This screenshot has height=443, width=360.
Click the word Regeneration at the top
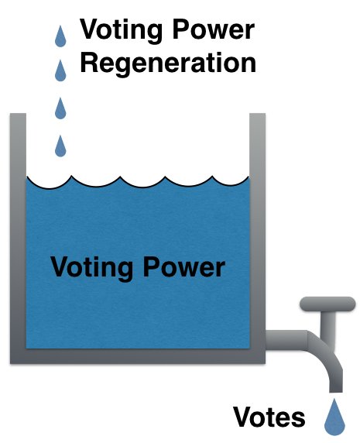[x=168, y=64]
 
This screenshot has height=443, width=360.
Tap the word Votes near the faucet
[x=269, y=417]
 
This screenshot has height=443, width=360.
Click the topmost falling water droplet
[x=60, y=36]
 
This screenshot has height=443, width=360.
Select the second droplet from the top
[x=60, y=70]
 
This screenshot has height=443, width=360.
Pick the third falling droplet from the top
[x=60, y=108]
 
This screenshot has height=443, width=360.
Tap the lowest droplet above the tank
[x=60, y=146]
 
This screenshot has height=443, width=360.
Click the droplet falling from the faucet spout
[x=334, y=417]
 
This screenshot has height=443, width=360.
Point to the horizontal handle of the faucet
[x=327, y=304]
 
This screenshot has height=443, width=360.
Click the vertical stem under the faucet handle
[x=327, y=326]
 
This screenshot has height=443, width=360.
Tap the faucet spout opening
[x=336, y=391]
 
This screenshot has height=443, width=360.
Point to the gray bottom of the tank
[x=138, y=356]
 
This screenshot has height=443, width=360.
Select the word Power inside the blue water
[x=184, y=266]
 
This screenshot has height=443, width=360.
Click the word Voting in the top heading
[x=121, y=31]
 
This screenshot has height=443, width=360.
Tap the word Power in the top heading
[x=214, y=29]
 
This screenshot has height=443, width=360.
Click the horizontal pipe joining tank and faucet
[x=286, y=340]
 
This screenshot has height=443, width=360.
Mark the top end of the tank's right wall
[x=257, y=114]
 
